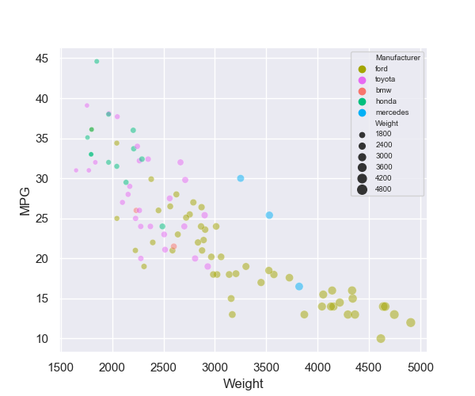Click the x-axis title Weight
click(244, 384)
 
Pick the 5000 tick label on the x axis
click(420, 367)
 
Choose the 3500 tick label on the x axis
click(266, 367)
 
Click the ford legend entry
click(382, 69)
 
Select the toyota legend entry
click(385, 79)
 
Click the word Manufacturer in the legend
click(397, 58)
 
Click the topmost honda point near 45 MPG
click(97, 61)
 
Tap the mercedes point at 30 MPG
click(241, 178)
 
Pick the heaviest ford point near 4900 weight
click(411, 322)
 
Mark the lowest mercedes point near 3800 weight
click(299, 287)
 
